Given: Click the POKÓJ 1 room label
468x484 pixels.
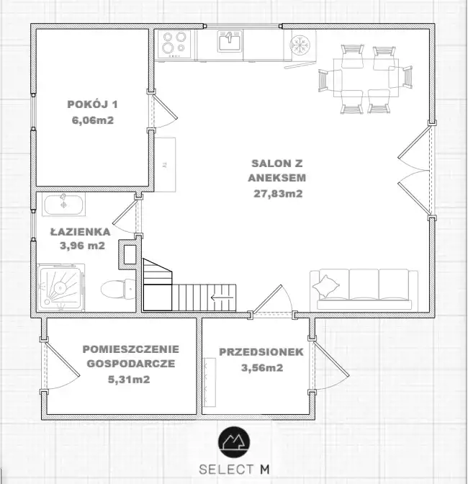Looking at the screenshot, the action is [x=93, y=104].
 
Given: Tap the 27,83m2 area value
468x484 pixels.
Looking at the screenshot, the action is [x=278, y=194].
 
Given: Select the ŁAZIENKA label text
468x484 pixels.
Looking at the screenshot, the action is [x=80, y=231].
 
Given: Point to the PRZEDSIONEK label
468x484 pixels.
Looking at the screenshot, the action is [x=261, y=352].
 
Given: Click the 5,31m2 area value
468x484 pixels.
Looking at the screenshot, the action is [x=129, y=379].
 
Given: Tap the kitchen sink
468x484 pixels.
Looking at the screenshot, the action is [x=230, y=41].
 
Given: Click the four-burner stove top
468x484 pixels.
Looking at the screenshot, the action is [x=174, y=44].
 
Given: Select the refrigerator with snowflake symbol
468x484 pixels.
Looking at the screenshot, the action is [x=300, y=45].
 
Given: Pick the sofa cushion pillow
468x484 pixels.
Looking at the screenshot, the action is [x=325, y=286].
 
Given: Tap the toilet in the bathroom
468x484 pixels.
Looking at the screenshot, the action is [x=118, y=289].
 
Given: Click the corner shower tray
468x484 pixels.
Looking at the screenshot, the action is [x=60, y=287].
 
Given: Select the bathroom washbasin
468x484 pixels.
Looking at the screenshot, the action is [x=64, y=204].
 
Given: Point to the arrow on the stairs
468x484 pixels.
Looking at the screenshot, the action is [x=222, y=298].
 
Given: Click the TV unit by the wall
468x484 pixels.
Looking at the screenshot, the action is [x=165, y=165].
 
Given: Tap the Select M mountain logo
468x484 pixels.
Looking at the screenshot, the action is [x=234, y=442].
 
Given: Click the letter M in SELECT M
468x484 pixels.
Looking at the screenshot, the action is [x=265, y=470].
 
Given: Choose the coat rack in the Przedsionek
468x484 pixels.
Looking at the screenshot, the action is [x=210, y=382].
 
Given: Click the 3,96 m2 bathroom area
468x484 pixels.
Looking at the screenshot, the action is [x=82, y=246].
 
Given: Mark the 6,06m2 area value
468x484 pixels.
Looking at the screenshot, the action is [x=93, y=120].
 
